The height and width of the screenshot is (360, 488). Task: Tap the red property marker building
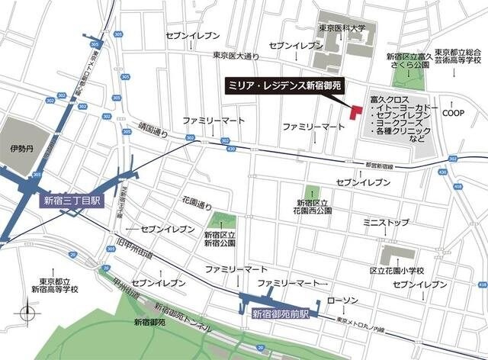point(355,111)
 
